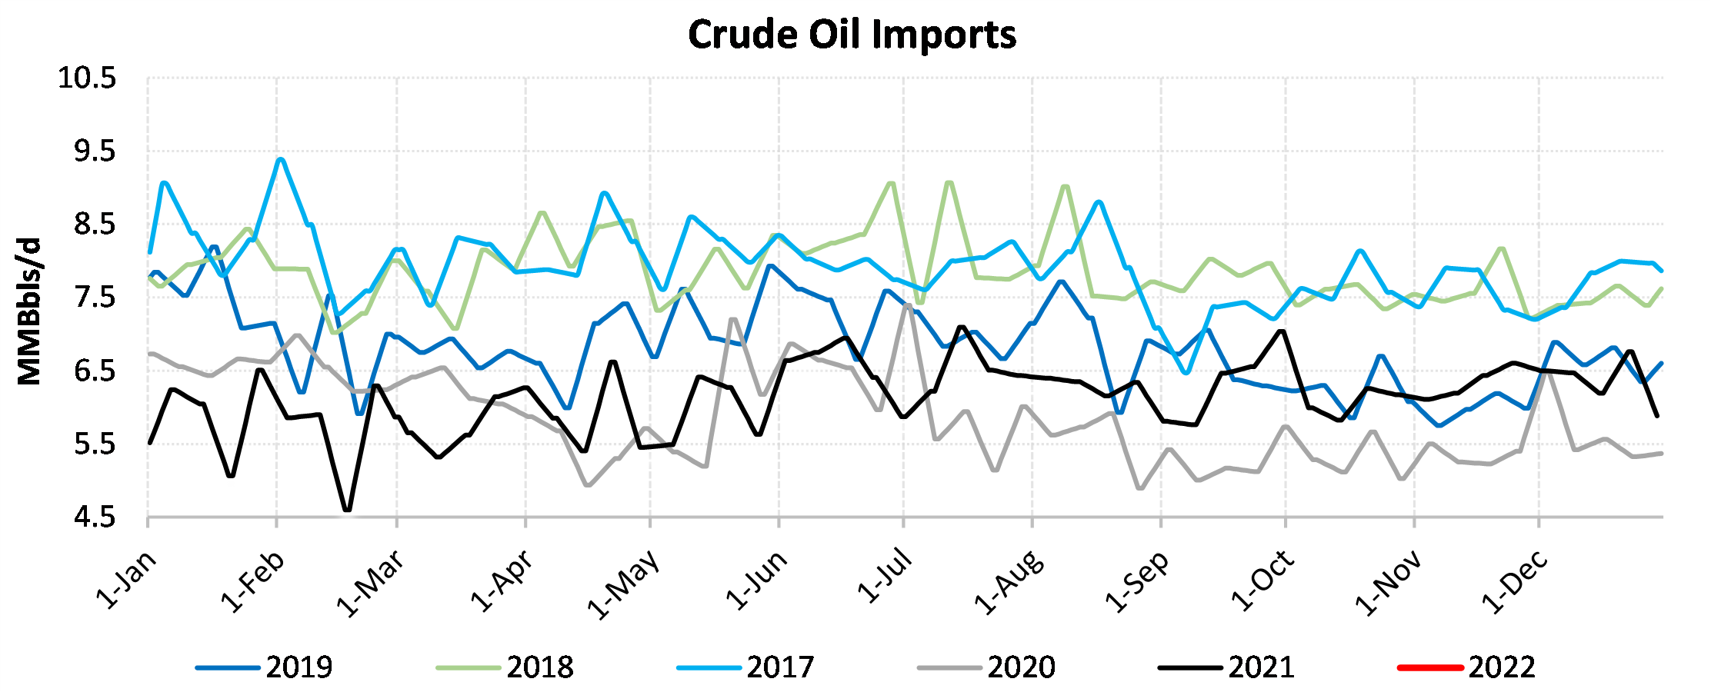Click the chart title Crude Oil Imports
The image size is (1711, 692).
pos(852,35)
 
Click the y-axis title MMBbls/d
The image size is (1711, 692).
pos(29,311)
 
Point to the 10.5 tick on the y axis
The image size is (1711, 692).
pos(87,78)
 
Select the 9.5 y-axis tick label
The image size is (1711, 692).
pos(94,151)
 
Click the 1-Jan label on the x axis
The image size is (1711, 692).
pos(126,581)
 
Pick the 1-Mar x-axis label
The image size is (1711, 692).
pos(370,584)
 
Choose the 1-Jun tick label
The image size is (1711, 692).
pos(757,581)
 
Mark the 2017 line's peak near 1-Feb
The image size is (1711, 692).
pos(281,159)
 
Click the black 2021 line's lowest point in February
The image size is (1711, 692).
pos(347,510)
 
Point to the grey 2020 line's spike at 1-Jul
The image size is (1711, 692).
pos(908,304)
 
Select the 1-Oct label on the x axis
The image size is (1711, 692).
pos(1263,582)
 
